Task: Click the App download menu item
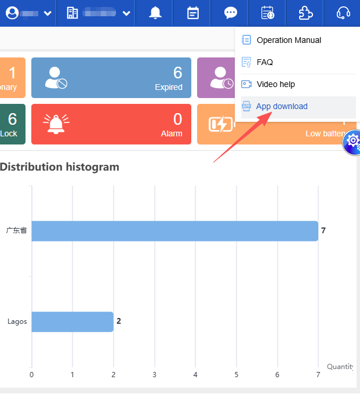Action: click(282, 107)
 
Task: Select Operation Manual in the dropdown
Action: click(289, 41)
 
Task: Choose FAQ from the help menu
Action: click(265, 62)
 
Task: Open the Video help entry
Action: click(275, 84)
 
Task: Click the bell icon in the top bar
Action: click(155, 13)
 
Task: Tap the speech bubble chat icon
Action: click(231, 13)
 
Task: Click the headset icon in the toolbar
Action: click(343, 13)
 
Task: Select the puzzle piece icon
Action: click(306, 13)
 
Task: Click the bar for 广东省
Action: click(174, 231)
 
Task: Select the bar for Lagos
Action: click(72, 321)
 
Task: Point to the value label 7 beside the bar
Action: click(323, 231)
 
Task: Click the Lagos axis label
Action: click(17, 321)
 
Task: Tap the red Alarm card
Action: click(111, 124)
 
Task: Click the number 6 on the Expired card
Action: click(177, 73)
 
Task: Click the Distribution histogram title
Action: click(60, 167)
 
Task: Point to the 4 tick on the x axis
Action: click(195, 375)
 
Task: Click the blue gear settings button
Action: click(352, 142)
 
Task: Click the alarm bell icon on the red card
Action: click(56, 124)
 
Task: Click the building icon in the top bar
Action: click(72, 13)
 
